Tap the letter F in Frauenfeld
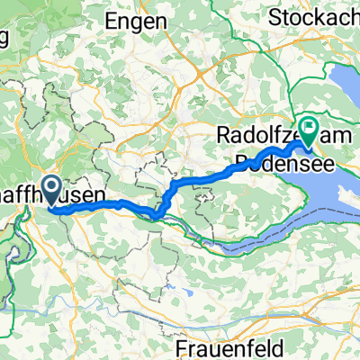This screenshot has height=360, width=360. point(173,346)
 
